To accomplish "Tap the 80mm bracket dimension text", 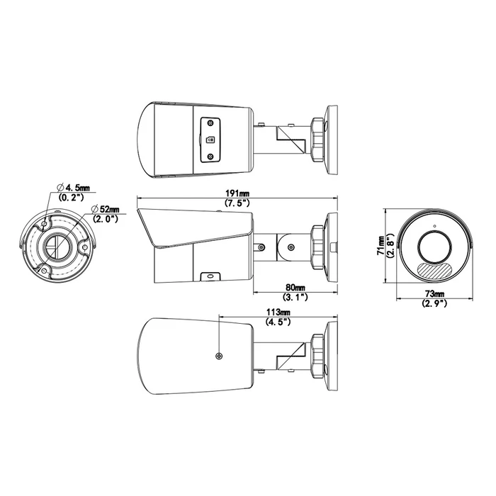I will (295, 288).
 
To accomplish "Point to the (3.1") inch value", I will (295, 298).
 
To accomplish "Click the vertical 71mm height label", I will (381, 245).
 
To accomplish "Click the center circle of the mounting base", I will (54, 245).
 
